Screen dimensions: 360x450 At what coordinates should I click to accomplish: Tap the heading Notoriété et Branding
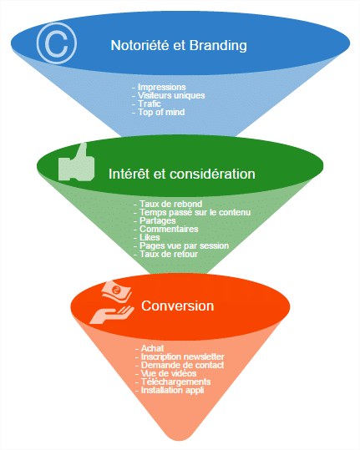179,45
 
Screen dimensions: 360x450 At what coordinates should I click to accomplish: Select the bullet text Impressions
162,87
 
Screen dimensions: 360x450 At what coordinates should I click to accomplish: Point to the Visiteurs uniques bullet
171,95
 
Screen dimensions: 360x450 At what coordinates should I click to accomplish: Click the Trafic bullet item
150,104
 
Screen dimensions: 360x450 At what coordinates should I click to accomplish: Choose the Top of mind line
161,112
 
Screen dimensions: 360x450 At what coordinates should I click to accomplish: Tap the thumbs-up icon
76,163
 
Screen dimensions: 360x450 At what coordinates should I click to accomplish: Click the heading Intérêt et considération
182,174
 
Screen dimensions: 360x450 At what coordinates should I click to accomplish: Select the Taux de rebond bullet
171,204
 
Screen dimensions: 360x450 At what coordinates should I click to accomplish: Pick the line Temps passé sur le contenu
195,212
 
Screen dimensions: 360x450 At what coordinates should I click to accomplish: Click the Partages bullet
158,220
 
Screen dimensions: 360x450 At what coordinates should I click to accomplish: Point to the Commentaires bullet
169,229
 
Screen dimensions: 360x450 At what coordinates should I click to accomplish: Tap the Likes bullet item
150,237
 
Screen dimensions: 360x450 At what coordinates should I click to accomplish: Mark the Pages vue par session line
184,245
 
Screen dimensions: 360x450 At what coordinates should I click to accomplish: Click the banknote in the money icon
117,291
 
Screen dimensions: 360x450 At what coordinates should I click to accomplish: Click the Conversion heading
177,306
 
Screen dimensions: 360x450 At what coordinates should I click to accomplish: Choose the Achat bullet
152,348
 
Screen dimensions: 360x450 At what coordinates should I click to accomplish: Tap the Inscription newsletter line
183,356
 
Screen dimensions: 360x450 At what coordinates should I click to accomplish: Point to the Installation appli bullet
173,391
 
